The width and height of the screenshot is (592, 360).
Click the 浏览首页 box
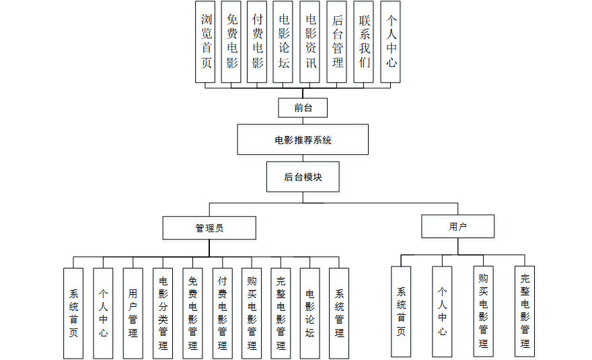206,42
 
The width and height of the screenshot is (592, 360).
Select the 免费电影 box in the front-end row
231,42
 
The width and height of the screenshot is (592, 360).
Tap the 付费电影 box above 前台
258,42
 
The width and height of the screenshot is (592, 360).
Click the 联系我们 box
364,42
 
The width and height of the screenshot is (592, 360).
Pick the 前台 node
303,108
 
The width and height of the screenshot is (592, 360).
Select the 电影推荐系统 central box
303,140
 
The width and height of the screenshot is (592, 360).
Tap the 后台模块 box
303,178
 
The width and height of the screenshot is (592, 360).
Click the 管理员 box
209,228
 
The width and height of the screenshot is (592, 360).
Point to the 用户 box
458,227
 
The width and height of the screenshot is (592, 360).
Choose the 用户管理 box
133,313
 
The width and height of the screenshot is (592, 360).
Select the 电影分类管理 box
163,313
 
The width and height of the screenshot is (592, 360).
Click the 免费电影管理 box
192,313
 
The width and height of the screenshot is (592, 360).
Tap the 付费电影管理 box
222,313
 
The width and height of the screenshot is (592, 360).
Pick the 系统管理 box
339,313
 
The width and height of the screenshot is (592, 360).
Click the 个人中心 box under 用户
442,311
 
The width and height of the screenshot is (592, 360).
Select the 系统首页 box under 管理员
74,313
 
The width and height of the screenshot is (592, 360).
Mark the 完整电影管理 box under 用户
525,311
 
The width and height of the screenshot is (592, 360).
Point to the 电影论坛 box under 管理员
310,313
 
